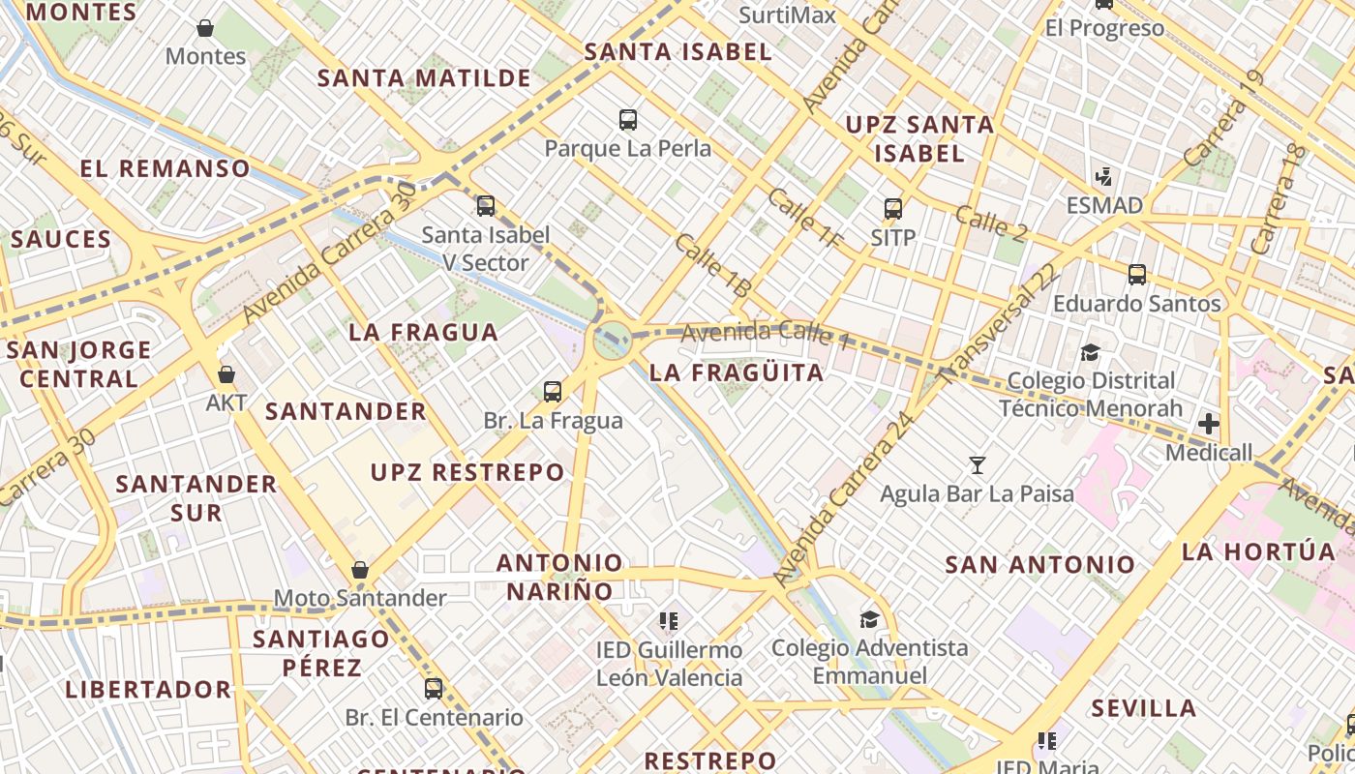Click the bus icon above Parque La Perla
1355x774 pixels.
[x=628, y=120]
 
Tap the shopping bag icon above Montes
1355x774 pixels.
[x=205, y=28]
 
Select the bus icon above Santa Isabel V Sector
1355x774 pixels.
[x=486, y=205]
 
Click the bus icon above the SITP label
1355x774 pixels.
[x=893, y=208]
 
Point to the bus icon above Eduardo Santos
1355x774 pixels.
[x=1137, y=274]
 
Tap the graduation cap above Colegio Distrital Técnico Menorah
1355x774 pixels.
[x=1091, y=351]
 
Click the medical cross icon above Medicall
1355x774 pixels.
[x=1209, y=423]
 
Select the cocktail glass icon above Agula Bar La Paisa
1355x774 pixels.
[x=978, y=465]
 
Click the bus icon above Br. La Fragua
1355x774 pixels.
[x=553, y=391]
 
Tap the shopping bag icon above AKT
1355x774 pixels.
[x=226, y=373]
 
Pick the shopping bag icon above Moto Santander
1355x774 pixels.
[x=360, y=570]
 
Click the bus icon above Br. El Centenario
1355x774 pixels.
[x=434, y=688]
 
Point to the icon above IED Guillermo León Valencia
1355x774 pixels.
[x=669, y=620]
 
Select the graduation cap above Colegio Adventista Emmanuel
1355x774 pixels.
[x=869, y=618]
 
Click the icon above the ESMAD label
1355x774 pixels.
[x=1103, y=177]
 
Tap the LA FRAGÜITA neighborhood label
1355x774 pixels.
[x=737, y=372]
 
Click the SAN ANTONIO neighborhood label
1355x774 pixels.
[x=1039, y=564]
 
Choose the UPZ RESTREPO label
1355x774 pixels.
[x=467, y=472]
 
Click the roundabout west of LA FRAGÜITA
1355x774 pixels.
[x=612, y=340]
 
